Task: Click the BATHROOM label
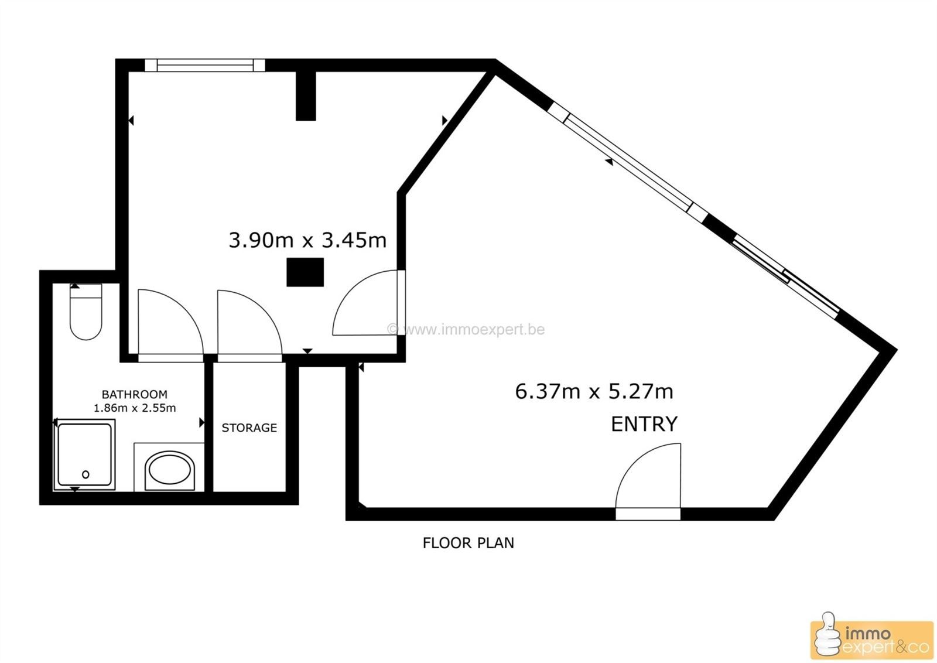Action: (134, 394)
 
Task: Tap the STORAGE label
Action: (249, 428)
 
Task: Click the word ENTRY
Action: (644, 424)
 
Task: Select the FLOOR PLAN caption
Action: (468, 543)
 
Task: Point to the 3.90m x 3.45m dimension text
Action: (307, 241)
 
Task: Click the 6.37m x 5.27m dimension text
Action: (594, 392)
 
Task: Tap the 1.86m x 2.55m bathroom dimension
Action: (134, 408)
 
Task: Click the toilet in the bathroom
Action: (86, 312)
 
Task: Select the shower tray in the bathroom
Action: (84, 454)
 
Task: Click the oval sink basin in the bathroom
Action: (170, 470)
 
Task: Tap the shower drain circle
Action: (86, 474)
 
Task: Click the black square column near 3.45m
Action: (305, 272)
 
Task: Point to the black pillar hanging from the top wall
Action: (306, 96)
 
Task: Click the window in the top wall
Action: (205, 65)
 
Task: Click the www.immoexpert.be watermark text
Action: (466, 330)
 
